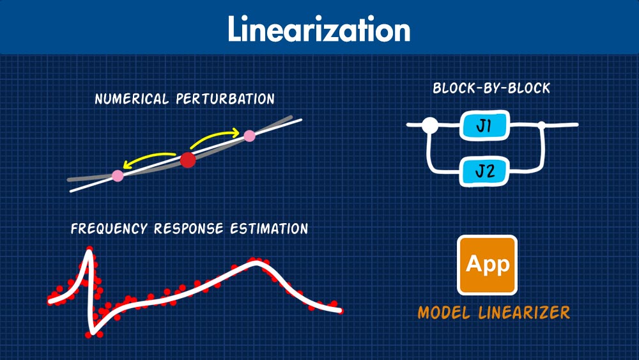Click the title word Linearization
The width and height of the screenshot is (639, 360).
pyautogui.click(x=319, y=29)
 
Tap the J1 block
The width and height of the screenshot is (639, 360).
pyautogui.click(x=484, y=125)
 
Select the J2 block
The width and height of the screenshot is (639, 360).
pyautogui.click(x=484, y=171)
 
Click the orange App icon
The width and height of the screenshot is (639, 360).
pyautogui.click(x=487, y=265)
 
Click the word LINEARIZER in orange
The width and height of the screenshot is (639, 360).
pyautogui.click(x=524, y=313)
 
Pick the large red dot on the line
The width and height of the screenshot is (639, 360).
pyautogui.click(x=188, y=160)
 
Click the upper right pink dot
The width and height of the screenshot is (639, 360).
pyautogui.click(x=249, y=136)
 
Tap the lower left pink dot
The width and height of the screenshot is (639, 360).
pyautogui.click(x=118, y=176)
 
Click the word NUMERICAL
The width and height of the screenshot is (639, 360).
pyautogui.click(x=132, y=99)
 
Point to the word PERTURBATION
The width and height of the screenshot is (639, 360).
pyautogui.click(x=226, y=99)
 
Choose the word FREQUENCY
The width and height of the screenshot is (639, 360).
pyautogui.click(x=109, y=229)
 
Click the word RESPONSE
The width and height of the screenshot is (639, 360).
pyautogui.click(x=189, y=229)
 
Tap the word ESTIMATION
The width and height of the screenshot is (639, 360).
pyautogui.click(x=270, y=229)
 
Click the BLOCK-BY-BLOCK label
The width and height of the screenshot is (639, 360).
pyautogui.click(x=491, y=88)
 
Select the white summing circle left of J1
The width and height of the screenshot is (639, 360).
pyautogui.click(x=430, y=125)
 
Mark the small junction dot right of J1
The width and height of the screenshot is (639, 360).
pyautogui.click(x=542, y=125)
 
